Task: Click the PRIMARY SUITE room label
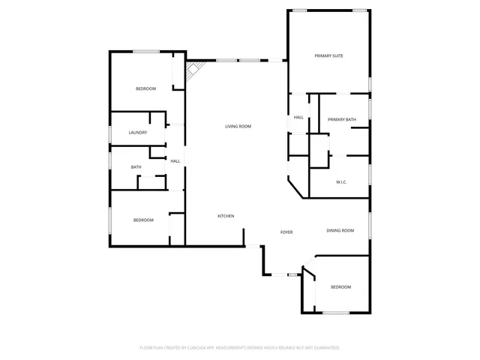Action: point(328,55)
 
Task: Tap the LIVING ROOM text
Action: point(238,127)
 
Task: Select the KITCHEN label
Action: point(226,216)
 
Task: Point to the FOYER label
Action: point(286,232)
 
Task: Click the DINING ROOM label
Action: point(340,230)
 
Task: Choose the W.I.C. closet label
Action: point(340,182)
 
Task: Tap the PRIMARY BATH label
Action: point(342,120)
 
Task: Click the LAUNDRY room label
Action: point(137,133)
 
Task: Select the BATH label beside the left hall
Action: point(136,167)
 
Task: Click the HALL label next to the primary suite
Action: point(298,118)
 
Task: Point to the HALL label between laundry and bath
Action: point(175,161)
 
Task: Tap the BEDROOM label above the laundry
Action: point(145,89)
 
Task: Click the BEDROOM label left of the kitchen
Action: point(143,220)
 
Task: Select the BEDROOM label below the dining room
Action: point(340,287)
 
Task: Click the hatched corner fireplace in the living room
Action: point(193,71)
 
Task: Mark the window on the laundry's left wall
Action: point(110,133)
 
